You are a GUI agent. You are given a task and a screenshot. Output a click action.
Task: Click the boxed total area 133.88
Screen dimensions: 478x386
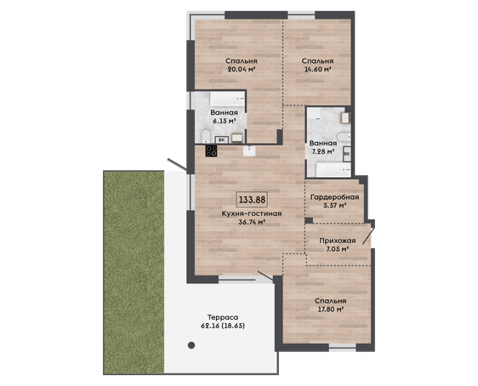coord(252,200)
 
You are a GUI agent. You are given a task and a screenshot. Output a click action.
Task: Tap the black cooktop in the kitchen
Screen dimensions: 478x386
coord(211,151)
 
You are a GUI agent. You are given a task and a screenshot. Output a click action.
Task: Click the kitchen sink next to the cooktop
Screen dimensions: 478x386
coord(249,150)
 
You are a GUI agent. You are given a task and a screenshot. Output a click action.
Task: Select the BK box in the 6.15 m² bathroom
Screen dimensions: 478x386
coord(222,140)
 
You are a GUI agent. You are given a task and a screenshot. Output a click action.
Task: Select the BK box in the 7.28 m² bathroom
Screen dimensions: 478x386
coord(347,154)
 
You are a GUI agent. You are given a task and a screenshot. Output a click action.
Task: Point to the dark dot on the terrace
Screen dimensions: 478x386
coord(191,345)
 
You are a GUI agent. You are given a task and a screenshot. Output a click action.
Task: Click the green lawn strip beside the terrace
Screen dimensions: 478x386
coord(134,272)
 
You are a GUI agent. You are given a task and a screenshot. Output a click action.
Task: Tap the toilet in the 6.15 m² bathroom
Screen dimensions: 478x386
coord(206,137)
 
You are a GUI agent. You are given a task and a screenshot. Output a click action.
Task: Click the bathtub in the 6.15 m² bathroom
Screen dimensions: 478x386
coord(227,99)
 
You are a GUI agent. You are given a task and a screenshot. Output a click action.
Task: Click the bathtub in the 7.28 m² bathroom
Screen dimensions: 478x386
coord(333,170)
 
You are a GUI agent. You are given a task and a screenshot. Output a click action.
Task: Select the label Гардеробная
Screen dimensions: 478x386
coord(334,197)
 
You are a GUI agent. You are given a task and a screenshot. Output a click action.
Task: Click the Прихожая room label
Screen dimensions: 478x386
coord(338,241)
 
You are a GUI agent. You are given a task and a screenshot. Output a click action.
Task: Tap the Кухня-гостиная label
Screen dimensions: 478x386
coord(252,213)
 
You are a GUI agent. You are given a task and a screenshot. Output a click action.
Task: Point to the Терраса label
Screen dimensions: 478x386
coord(223,317)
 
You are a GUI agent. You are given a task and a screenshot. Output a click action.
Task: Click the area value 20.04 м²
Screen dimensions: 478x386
coord(242,69)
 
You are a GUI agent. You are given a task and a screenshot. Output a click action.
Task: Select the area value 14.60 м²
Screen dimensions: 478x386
coord(317,69)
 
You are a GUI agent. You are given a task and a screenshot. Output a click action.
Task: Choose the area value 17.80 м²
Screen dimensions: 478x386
coord(331,309)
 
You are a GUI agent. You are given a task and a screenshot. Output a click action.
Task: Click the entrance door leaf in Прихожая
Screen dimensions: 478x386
coord(368,236)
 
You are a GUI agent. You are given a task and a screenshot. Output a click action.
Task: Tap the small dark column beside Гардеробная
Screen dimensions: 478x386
coord(309,220)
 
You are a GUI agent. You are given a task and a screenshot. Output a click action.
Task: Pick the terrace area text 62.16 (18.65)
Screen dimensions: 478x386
coord(223,326)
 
